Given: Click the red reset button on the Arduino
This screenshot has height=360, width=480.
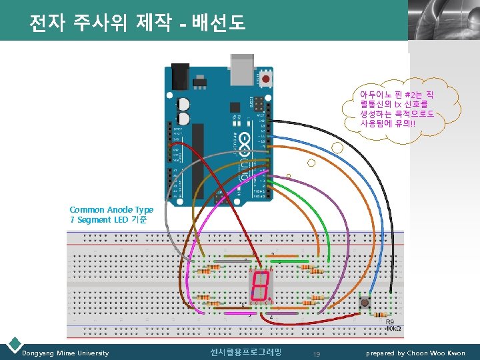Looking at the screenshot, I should pos(266,79).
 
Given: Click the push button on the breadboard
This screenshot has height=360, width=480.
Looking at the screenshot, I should pos(365,304).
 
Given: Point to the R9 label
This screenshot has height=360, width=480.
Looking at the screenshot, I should pos(391,321).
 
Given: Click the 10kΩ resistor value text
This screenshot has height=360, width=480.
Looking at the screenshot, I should pos(393,329).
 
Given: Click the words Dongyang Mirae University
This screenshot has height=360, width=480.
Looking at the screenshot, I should pos(65,353).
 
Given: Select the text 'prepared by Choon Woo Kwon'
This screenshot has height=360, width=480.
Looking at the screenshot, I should pos(416,353).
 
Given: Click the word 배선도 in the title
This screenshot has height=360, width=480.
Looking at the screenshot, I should pos(221,25).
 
